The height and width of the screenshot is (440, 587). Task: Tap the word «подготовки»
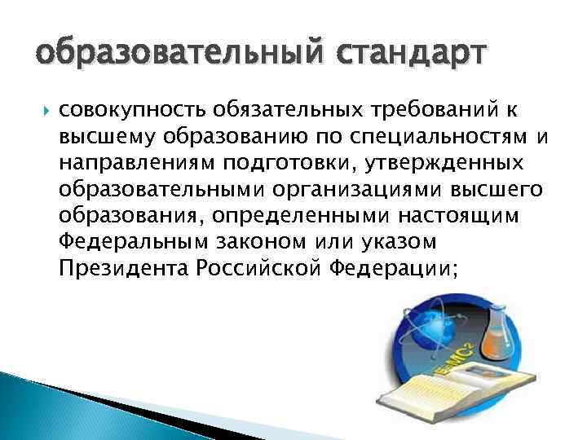coord(265,162)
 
